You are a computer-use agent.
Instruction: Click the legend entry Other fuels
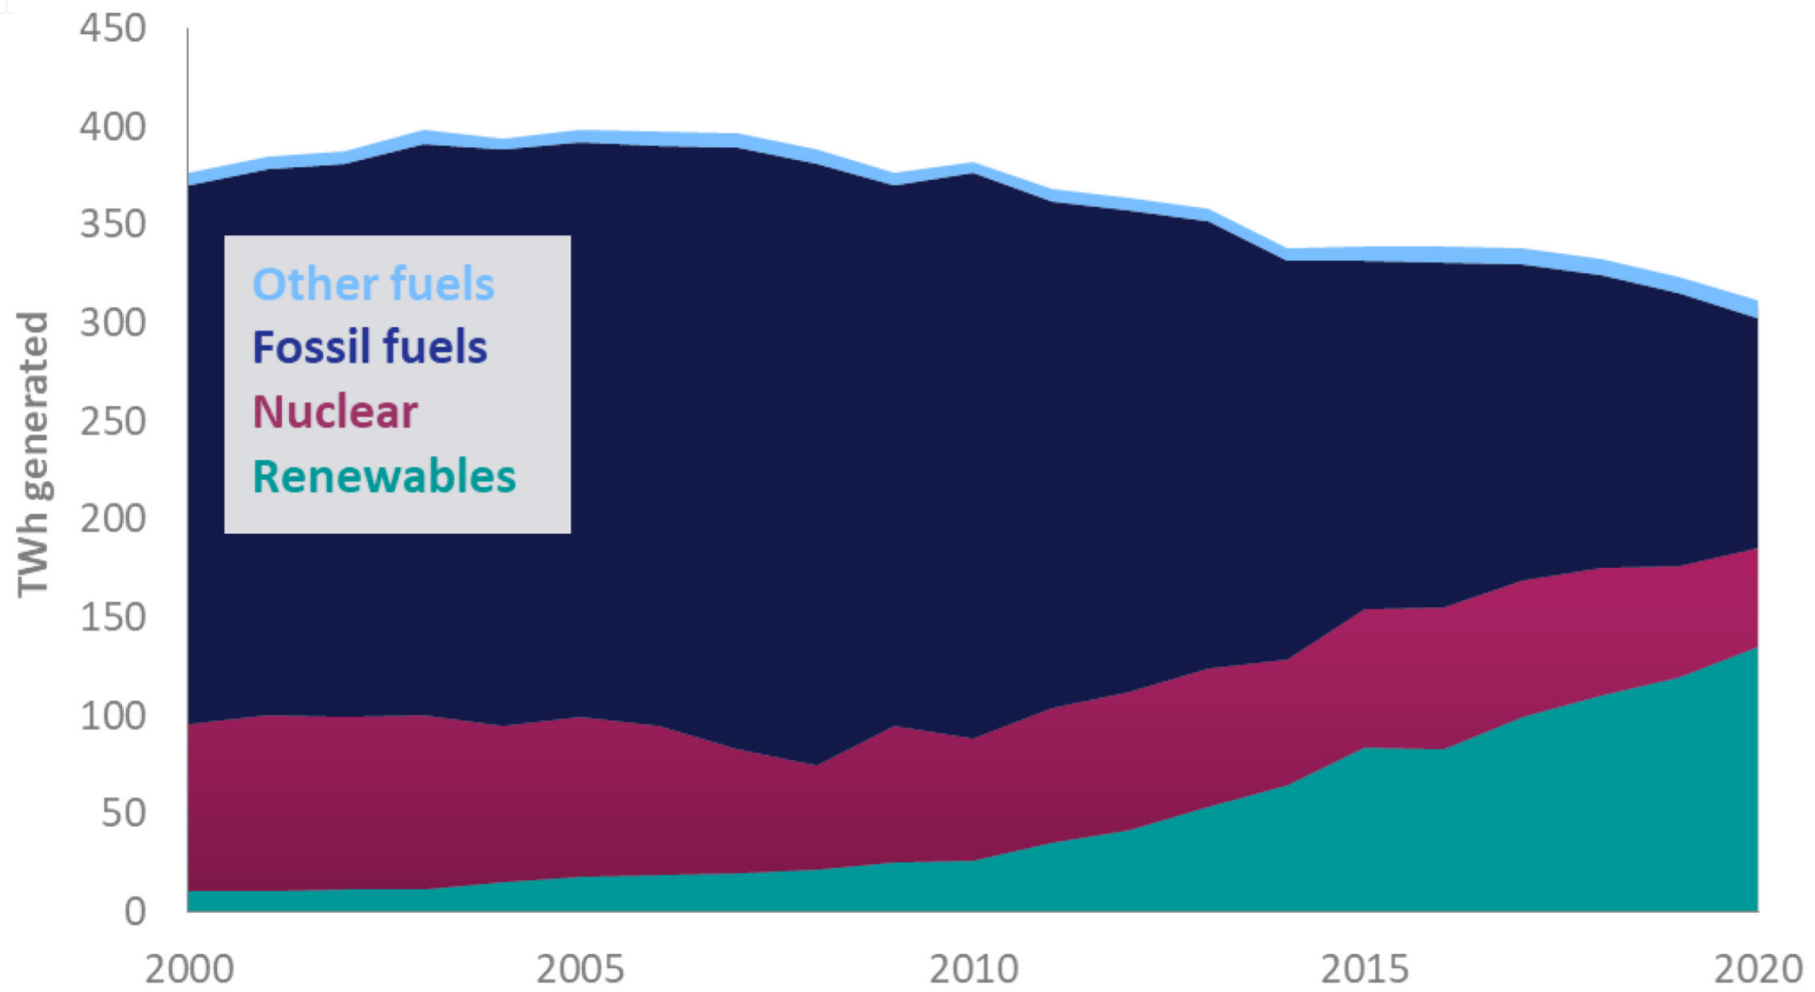pos(373,284)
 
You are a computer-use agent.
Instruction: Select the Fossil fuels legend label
pos(369,347)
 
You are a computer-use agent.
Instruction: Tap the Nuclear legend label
pos(334,412)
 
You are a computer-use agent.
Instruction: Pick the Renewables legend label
pos(384,477)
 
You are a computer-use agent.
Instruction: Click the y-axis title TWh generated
pos(33,455)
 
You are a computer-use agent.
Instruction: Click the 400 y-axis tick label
pos(112,127)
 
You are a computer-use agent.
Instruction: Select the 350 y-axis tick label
pos(112,224)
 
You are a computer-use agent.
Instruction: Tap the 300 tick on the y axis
pos(112,323)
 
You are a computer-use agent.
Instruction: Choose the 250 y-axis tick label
pos(112,421)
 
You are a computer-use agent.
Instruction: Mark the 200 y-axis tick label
pos(112,519)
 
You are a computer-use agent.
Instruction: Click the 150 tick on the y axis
pos(112,617)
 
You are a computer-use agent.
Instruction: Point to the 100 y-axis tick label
pos(112,715)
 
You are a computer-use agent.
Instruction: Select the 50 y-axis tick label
pos(123,813)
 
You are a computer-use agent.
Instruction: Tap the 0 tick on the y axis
pos(134,911)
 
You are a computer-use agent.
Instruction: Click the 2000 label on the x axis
pos(189,969)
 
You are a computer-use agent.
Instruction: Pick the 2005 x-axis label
pos(580,969)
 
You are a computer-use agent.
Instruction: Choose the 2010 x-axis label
pos(973,969)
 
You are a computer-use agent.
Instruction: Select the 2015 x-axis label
pos(1364,969)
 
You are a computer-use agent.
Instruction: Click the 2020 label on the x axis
pos(1757,969)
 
